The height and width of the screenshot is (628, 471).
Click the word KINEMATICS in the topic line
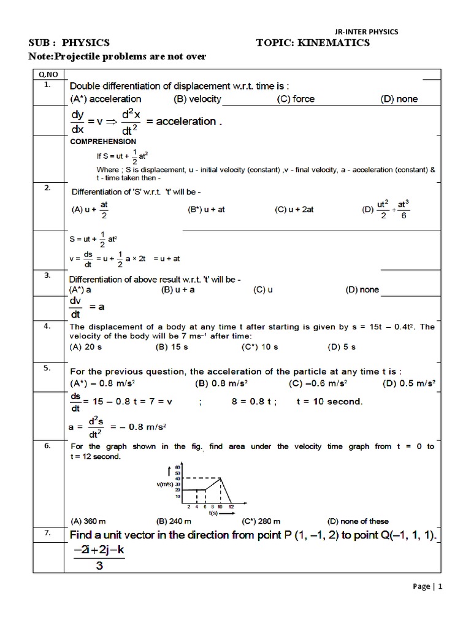tap(337, 43)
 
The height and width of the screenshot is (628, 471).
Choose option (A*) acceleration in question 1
tap(106, 99)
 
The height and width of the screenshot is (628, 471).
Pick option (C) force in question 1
tap(296, 99)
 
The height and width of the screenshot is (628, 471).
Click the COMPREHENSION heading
tap(103, 142)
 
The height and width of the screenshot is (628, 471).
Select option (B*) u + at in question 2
tap(206, 209)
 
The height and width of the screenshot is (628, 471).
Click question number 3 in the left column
tap(47, 275)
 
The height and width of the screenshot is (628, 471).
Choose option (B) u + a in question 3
tap(178, 289)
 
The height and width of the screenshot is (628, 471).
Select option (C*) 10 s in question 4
tap(260, 347)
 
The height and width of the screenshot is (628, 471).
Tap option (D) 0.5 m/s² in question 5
tap(409, 384)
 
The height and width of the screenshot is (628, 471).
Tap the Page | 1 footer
tap(427, 603)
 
